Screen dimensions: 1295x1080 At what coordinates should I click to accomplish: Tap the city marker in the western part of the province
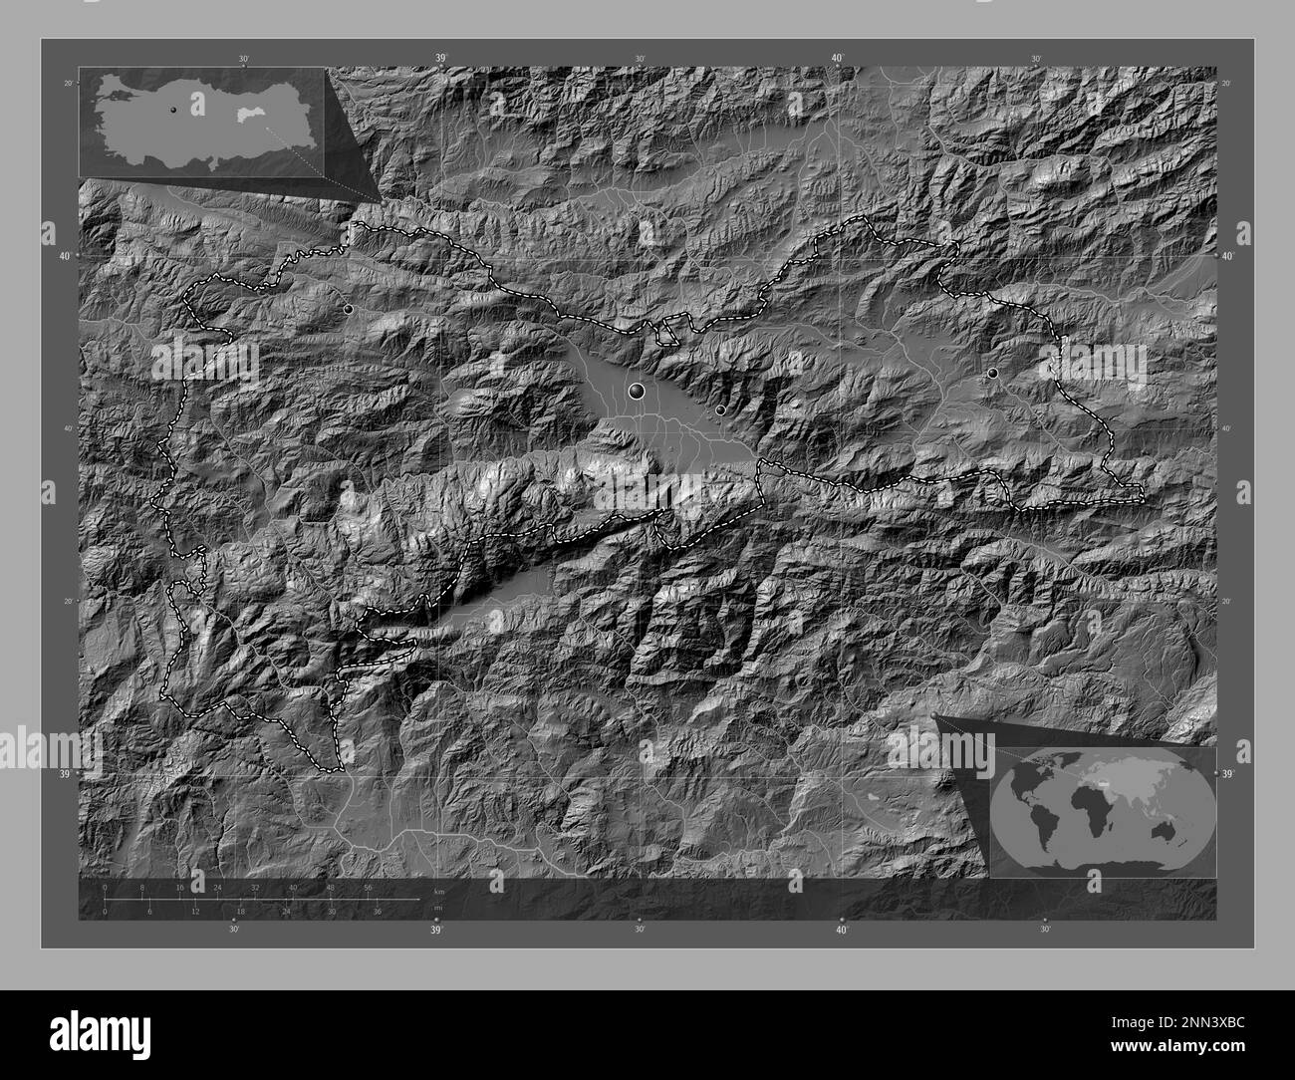point(348,310)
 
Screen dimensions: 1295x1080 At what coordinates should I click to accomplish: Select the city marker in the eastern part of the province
point(992,373)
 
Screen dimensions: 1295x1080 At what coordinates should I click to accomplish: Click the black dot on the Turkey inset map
point(173,111)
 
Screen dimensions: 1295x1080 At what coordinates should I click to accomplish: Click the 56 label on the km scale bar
point(369,888)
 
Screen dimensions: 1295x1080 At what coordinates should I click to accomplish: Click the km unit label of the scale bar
point(438,891)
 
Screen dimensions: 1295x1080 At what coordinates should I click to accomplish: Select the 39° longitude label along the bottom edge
point(436,931)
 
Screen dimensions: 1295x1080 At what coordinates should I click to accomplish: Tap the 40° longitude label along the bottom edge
point(842,931)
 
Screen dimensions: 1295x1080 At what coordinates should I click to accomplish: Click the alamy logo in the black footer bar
point(84,1034)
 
